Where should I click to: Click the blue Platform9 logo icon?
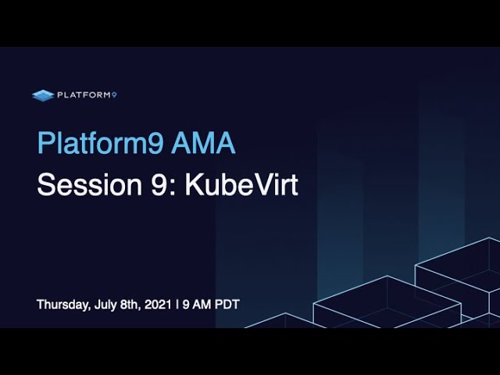click(x=43, y=95)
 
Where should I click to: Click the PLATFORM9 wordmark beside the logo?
click(x=87, y=95)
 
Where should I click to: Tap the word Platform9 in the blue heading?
click(x=101, y=143)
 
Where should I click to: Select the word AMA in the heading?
click(x=203, y=143)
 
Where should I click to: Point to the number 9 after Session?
click(x=158, y=184)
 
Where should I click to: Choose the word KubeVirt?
click(x=241, y=184)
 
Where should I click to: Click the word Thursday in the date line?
click(x=63, y=305)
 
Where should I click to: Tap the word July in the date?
click(x=105, y=305)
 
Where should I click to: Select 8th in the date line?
click(x=130, y=304)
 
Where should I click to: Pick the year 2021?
click(x=158, y=304)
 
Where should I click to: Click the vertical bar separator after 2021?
click(x=177, y=304)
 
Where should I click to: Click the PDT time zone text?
click(x=227, y=304)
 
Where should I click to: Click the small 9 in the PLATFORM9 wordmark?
click(x=114, y=95)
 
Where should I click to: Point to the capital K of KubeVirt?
click(x=195, y=184)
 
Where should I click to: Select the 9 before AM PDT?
click(x=186, y=304)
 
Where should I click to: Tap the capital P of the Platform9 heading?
click(x=45, y=142)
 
